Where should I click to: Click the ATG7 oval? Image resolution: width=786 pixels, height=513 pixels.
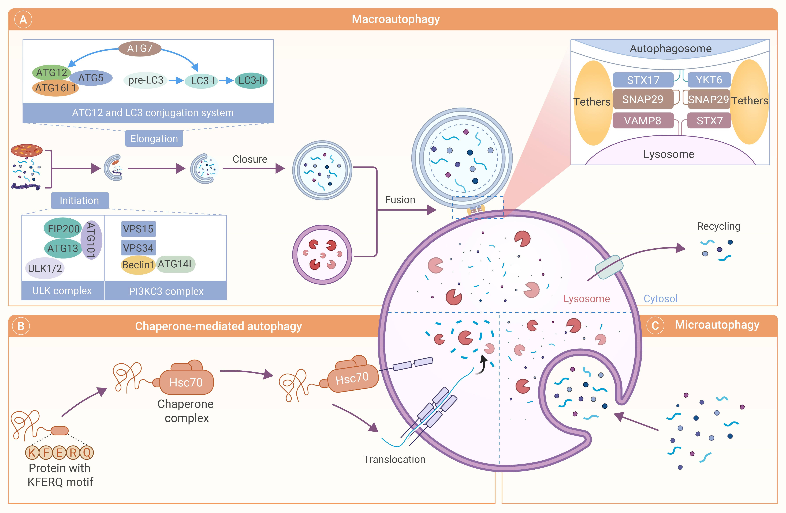click(x=140, y=48)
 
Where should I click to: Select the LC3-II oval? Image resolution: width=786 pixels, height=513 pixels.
click(x=251, y=80)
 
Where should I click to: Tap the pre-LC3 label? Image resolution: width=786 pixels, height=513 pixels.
click(x=146, y=80)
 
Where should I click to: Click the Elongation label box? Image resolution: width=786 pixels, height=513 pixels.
click(x=154, y=139)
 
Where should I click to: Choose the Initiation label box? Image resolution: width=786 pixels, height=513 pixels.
click(x=80, y=200)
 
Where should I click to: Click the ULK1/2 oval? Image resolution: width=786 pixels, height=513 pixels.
click(x=45, y=268)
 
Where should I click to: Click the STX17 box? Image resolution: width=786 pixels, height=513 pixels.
click(x=643, y=80)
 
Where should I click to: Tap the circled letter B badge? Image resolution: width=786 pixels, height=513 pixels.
click(x=21, y=326)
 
